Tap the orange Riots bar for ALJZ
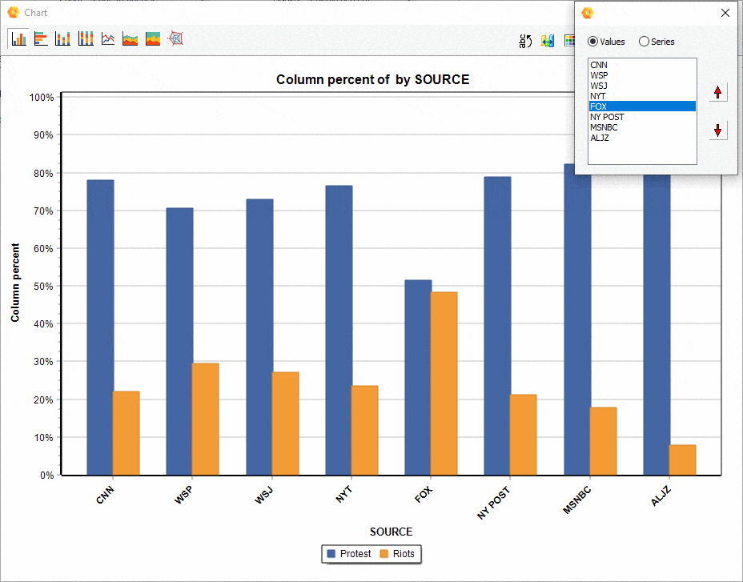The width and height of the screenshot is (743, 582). click(x=682, y=460)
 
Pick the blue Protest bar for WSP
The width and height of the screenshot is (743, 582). click(x=179, y=341)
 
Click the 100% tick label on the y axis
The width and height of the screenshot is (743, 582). click(x=40, y=98)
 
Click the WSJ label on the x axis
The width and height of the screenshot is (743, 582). click(x=264, y=496)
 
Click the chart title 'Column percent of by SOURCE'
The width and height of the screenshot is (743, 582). click(x=372, y=79)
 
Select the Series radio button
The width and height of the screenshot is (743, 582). click(x=644, y=42)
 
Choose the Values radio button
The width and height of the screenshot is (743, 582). click(x=593, y=42)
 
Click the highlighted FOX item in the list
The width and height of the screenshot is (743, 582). click(x=641, y=106)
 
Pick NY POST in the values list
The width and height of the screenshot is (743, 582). click(x=607, y=117)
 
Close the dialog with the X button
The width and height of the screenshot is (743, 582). click(x=725, y=13)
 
